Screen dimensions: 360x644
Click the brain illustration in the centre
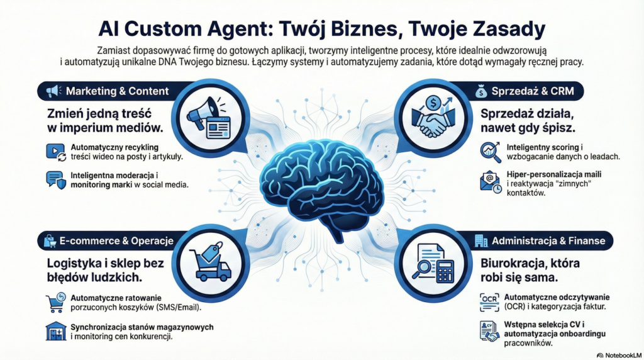321,183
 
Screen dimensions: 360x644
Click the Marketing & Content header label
117,91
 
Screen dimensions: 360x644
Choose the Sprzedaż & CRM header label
530,92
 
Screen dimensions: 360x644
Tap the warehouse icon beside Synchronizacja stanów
55,331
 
